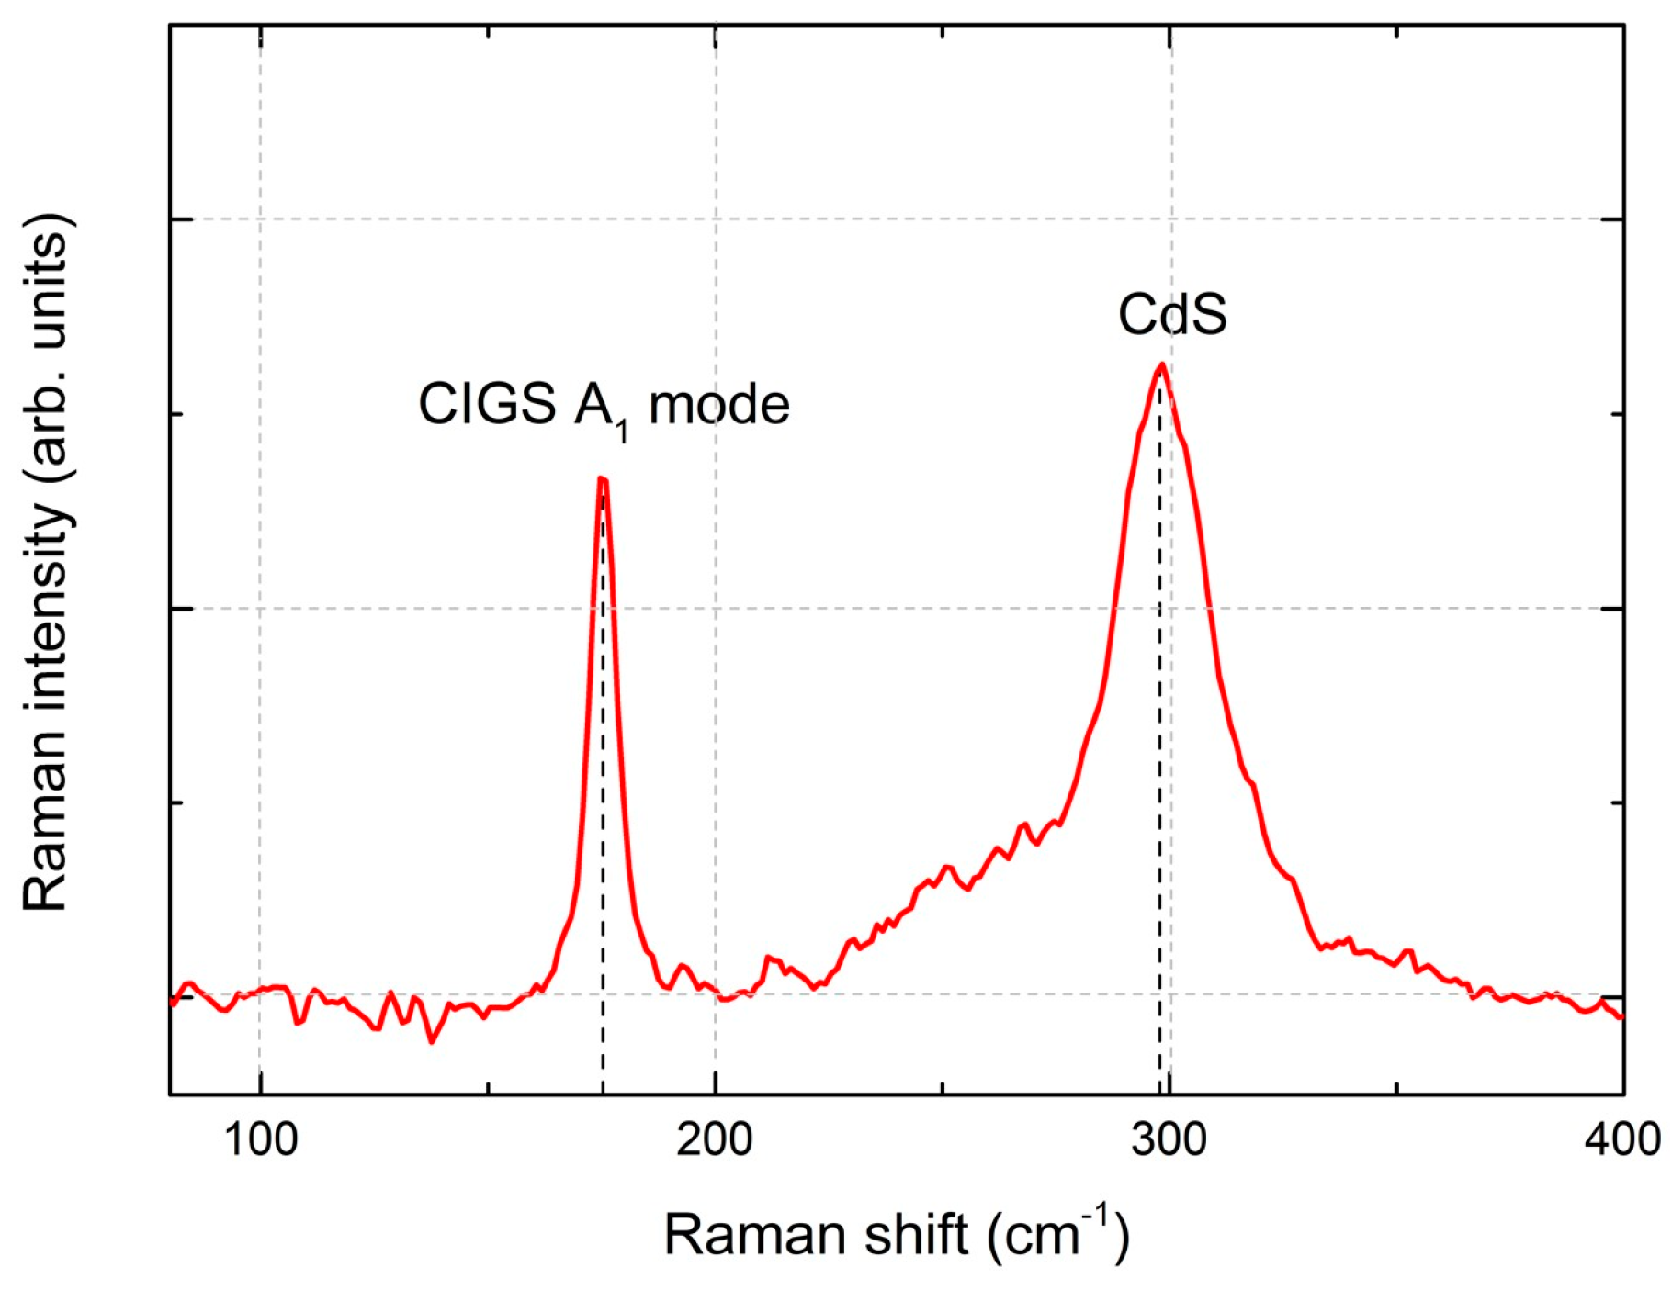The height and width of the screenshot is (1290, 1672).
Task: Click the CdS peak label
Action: [x=1171, y=315]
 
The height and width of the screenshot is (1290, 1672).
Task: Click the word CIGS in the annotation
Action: [x=487, y=404]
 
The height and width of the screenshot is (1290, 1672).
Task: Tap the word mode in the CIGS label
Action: [x=719, y=404]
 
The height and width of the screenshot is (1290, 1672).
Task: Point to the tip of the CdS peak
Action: [x=1162, y=365]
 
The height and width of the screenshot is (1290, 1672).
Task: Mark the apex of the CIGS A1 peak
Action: [x=602, y=478]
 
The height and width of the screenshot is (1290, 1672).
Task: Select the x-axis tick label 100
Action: [x=261, y=1140]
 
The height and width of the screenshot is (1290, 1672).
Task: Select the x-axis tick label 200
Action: [x=715, y=1140]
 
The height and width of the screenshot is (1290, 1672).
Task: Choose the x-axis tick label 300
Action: [x=1169, y=1140]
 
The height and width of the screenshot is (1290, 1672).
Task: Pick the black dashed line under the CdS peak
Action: [x=1159, y=735]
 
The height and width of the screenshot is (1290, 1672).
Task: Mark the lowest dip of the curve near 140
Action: [x=431, y=1042]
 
